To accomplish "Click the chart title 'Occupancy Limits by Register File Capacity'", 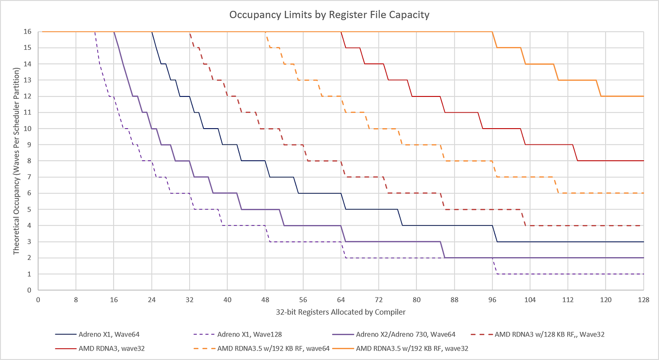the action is (329, 15).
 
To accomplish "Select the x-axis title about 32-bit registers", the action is (340, 312).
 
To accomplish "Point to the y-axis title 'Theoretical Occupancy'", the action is (16, 161).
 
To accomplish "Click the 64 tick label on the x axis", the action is (341, 300).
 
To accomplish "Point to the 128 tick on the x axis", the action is (644, 300).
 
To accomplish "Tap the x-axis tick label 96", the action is (492, 300).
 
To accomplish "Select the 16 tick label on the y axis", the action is (27, 32).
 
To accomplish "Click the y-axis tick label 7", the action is (29, 177).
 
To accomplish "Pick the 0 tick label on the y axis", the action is (29, 290).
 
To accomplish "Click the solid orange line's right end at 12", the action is (644, 96).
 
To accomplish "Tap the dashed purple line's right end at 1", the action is (644, 274).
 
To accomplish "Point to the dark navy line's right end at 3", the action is (644, 242).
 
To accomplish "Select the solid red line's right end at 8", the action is (644, 161).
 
